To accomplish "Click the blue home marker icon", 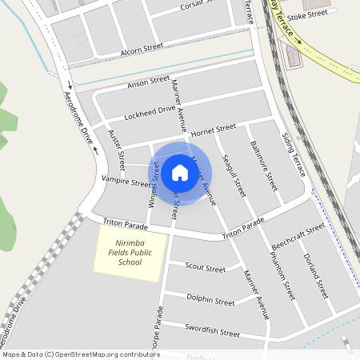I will (x=180, y=172).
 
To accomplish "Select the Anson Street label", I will (x=148, y=83).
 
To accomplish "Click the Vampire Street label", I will (x=126, y=182).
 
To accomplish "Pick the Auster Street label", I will (x=117, y=150).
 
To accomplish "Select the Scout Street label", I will (x=205, y=267).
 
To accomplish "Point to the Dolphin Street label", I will (x=210, y=301).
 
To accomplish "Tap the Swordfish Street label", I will (x=213, y=330).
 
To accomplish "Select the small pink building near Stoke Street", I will (x=294, y=56).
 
